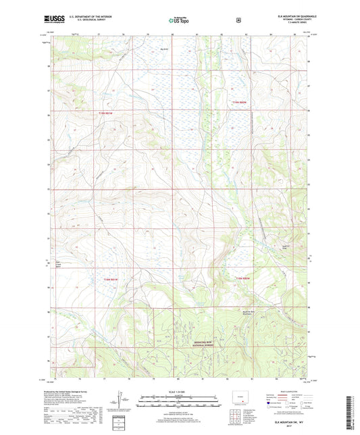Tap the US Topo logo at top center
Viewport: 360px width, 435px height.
tap(179, 20)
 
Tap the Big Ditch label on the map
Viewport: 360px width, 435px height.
tap(163, 48)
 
